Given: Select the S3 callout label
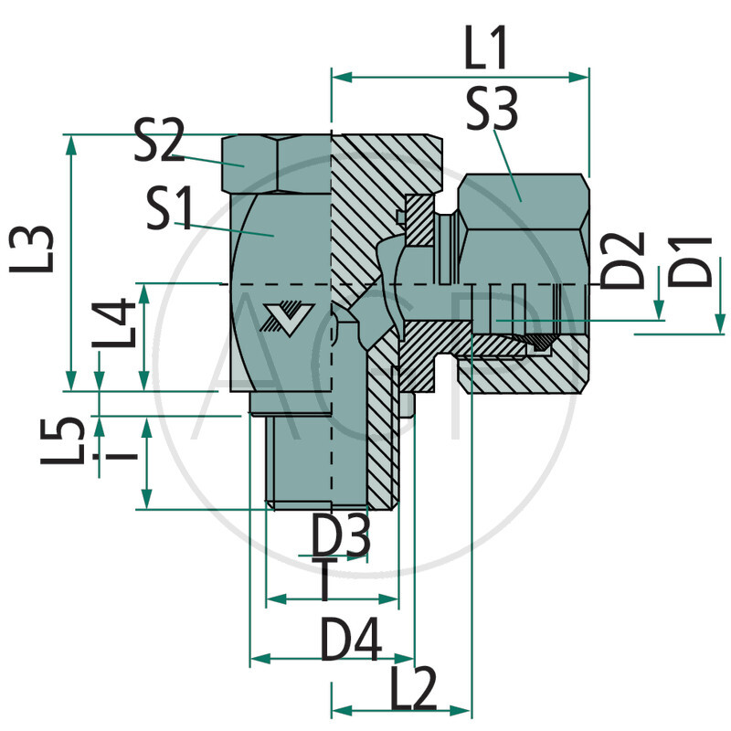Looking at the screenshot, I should pyautogui.click(x=491, y=110).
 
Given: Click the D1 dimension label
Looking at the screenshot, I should pyautogui.click(x=697, y=260).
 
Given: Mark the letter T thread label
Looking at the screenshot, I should pyautogui.click(x=324, y=581).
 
